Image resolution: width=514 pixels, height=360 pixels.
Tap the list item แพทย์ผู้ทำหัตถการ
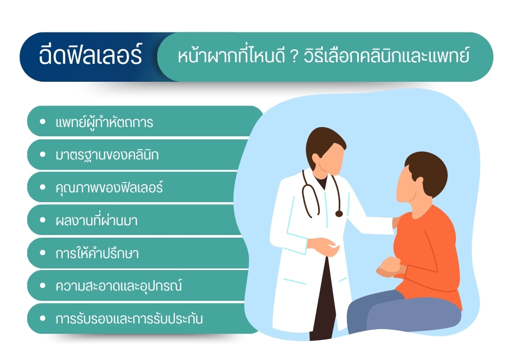tap(104, 123)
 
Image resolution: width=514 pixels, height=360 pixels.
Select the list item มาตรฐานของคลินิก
tap(107, 155)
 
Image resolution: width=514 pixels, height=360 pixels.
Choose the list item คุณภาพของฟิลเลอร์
tap(109, 188)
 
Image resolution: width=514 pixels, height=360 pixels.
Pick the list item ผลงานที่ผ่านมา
tap(96, 221)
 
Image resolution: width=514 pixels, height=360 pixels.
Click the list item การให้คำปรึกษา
tap(97, 254)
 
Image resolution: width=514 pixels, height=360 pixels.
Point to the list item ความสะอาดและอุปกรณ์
tap(119, 286)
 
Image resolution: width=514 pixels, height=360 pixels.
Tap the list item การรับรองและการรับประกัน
tap(129, 319)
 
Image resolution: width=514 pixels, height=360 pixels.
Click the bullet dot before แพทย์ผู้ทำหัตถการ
tap(43, 123)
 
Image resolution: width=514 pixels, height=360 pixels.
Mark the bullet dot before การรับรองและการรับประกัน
tap(43, 319)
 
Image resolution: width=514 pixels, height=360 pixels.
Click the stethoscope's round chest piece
tap(339, 213)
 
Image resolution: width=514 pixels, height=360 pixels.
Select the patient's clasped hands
tap(389, 266)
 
